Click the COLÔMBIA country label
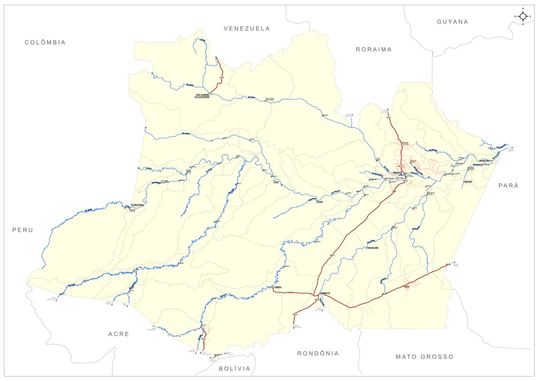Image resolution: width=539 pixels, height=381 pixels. coord(45,42)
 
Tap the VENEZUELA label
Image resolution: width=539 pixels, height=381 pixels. coord(247,28)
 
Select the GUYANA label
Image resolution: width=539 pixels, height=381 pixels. coord(452,22)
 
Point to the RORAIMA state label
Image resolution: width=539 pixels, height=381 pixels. coord(374,49)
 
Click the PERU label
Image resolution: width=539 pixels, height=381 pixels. coord(23,230)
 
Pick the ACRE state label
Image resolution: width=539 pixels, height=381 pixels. coord(119,334)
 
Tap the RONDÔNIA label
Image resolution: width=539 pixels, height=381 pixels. coord(318,353)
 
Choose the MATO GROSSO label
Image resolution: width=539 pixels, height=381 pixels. coord(424,357)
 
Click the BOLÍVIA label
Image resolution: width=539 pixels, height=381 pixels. coord(234,368)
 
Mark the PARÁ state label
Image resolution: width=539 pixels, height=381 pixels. coord(508,185)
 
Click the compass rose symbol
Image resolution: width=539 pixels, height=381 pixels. coord(523,17)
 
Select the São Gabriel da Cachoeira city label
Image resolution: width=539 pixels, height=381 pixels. coord(202,96)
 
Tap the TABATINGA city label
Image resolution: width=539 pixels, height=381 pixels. coord(138,205)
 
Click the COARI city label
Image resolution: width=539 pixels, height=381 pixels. coord(319,202)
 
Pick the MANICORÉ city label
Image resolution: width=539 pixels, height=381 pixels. coord(373,248)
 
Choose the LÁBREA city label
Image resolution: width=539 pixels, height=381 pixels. coord(277,288)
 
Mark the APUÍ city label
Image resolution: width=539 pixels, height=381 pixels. coord(406,286)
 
